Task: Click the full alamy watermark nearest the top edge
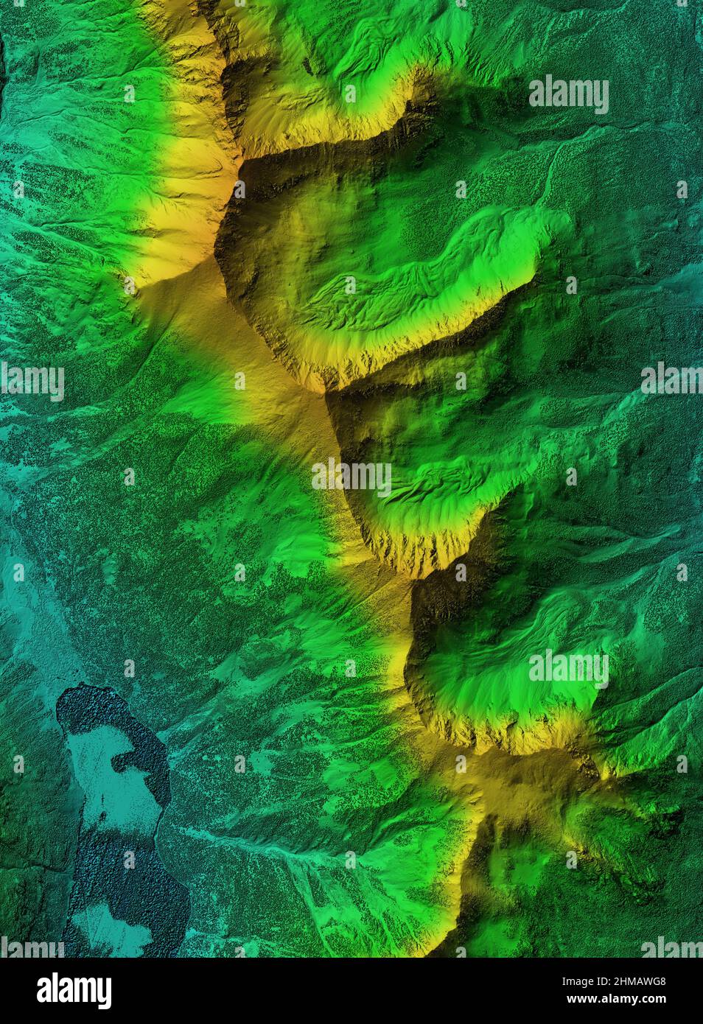568,94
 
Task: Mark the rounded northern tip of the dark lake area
81,696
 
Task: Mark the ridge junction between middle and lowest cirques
413,578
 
